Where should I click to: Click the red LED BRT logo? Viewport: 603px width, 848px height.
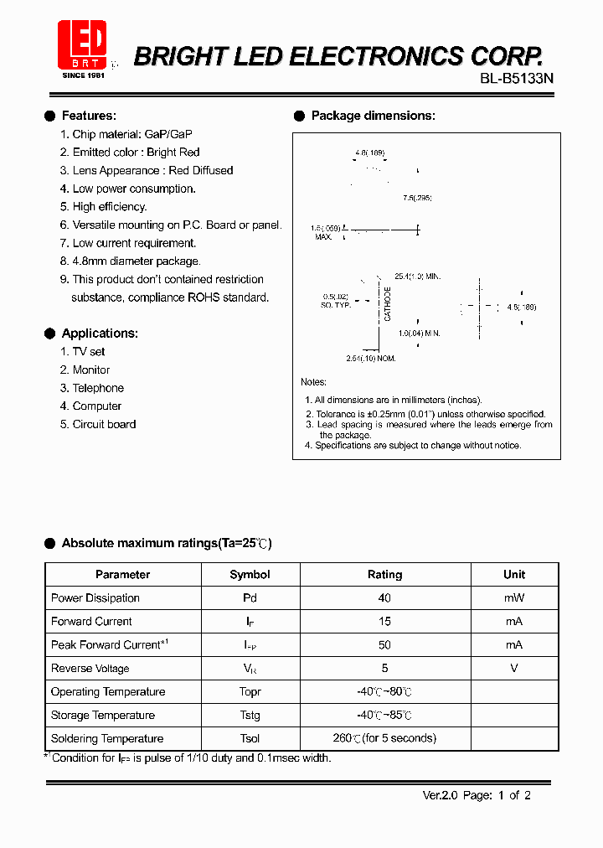coord(82,47)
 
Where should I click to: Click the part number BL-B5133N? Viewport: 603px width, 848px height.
coord(517,78)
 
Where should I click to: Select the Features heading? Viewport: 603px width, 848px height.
coord(89,116)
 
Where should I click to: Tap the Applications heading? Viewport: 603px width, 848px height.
coord(100,334)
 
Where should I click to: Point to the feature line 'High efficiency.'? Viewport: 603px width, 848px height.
coord(110,207)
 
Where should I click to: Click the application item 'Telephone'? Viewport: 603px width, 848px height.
coord(98,388)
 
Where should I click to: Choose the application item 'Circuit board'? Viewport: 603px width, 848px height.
coord(104,425)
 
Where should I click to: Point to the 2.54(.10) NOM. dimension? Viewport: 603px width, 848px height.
coord(370,359)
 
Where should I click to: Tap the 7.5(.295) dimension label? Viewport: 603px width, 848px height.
coord(417,198)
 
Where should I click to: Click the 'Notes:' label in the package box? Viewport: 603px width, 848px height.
coord(313,382)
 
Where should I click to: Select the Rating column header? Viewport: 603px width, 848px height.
coord(384,575)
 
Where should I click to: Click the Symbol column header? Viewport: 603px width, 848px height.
coord(250,575)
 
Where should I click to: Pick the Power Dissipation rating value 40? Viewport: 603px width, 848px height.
coord(384,598)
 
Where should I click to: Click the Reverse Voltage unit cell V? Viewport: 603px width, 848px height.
coord(514,669)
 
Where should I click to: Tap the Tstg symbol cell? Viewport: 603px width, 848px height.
coord(250,716)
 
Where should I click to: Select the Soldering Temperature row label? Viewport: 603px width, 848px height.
coord(107,739)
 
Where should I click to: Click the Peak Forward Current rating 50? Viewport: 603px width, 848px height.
coord(384,645)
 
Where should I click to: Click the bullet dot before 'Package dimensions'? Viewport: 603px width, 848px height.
coord(299,116)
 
